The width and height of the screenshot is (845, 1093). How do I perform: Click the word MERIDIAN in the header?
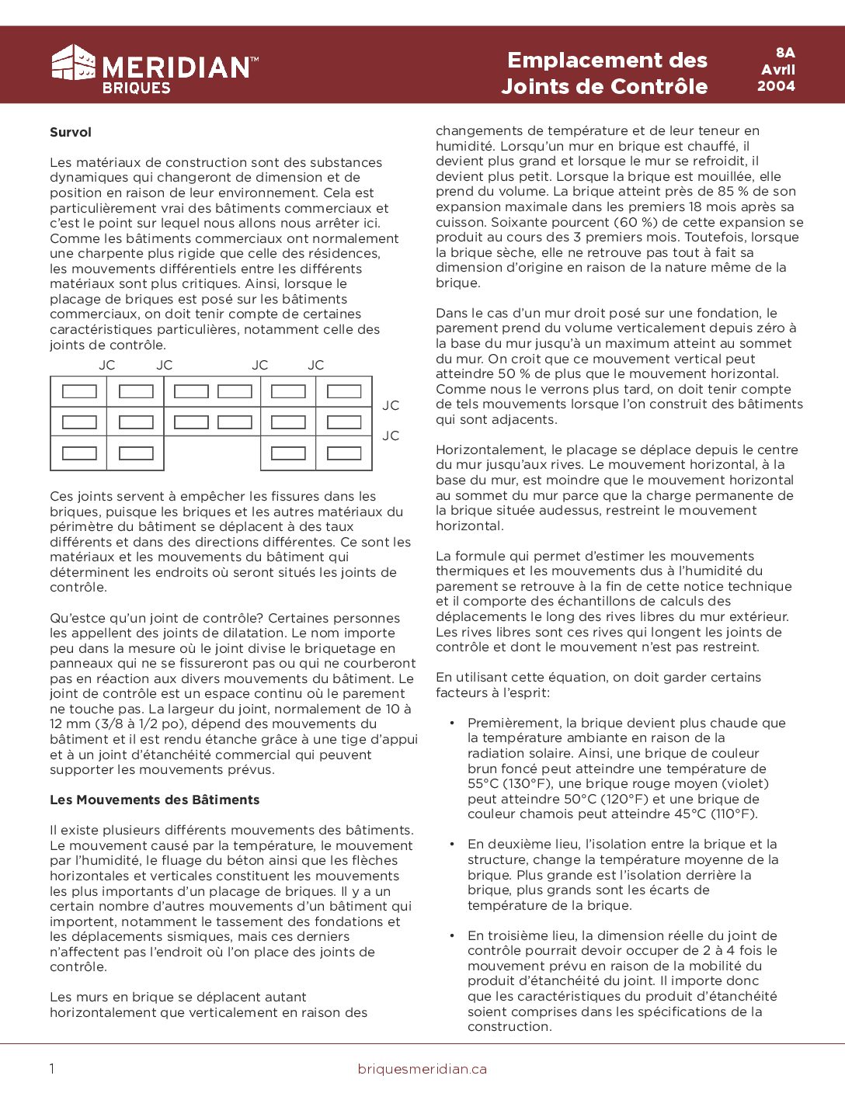click(x=176, y=68)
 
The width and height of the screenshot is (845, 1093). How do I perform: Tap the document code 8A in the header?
click(x=785, y=53)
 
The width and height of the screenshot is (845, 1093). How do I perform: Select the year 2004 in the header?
click(x=776, y=86)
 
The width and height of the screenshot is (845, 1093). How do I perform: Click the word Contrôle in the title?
click(x=660, y=86)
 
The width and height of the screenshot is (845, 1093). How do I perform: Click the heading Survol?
click(x=71, y=132)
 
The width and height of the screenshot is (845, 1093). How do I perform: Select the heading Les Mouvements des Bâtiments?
click(x=155, y=800)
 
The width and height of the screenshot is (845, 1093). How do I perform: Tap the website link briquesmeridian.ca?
click(x=422, y=1069)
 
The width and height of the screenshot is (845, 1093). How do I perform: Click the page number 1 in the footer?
click(x=52, y=1069)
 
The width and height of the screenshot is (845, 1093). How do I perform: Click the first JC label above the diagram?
click(x=107, y=365)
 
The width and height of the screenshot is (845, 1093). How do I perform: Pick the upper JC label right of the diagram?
click(x=391, y=405)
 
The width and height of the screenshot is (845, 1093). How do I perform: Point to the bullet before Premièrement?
click(x=452, y=723)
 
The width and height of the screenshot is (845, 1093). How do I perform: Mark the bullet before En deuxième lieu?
click(x=452, y=845)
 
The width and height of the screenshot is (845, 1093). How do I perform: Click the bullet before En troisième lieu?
click(x=452, y=936)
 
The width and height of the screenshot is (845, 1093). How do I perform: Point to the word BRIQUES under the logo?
click(x=136, y=88)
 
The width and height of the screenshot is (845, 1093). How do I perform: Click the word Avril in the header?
click(x=778, y=70)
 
